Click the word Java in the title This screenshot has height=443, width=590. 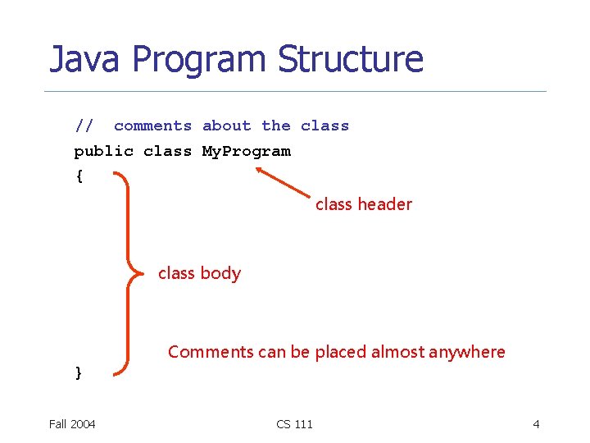pyautogui.click(x=83, y=60)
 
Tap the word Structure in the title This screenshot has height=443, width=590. pyautogui.click(x=350, y=60)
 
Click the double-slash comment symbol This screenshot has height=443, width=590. pyautogui.click(x=84, y=126)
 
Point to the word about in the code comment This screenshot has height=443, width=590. pyautogui.click(x=226, y=126)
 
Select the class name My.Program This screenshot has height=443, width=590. pyautogui.click(x=246, y=151)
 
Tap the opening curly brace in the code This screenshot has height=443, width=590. pyautogui.click(x=79, y=176)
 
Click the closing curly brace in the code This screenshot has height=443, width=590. pyautogui.click(x=79, y=373)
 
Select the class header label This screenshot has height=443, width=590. pyautogui.click(x=363, y=204)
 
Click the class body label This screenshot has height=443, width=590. pyautogui.click(x=199, y=273)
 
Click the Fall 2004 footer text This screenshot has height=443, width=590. pyautogui.click(x=72, y=423)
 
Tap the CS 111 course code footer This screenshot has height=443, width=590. pyautogui.click(x=294, y=423)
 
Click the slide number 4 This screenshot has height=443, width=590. pyautogui.click(x=536, y=423)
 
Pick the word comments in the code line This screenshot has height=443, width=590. pyautogui.click(x=152, y=126)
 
